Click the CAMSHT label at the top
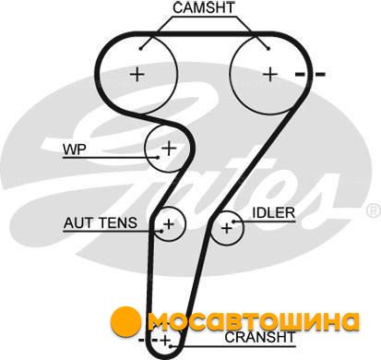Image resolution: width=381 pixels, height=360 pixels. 204,7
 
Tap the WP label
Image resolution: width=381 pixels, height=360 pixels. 75,150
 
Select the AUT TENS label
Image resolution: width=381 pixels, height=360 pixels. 101,222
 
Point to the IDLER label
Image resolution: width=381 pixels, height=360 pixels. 274,213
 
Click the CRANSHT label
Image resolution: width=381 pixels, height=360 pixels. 260,337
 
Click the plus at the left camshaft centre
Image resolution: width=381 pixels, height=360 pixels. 137,74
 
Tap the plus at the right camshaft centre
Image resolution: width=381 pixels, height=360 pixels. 270,74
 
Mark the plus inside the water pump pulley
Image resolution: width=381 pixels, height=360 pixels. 169,149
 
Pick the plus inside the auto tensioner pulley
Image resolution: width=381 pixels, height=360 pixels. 169,224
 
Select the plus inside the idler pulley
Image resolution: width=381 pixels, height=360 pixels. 227,228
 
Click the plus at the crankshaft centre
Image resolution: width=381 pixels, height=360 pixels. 165,341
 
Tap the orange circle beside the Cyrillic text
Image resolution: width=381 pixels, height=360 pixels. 125,321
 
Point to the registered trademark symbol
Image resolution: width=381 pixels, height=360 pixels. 373,210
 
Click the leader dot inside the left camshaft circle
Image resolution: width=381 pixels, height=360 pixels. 140,48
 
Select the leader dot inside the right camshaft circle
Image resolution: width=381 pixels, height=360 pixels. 268,48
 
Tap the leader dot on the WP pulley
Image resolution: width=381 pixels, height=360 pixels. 158,157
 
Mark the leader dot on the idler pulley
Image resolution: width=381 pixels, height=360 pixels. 233,222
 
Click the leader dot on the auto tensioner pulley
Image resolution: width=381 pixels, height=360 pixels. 161,231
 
